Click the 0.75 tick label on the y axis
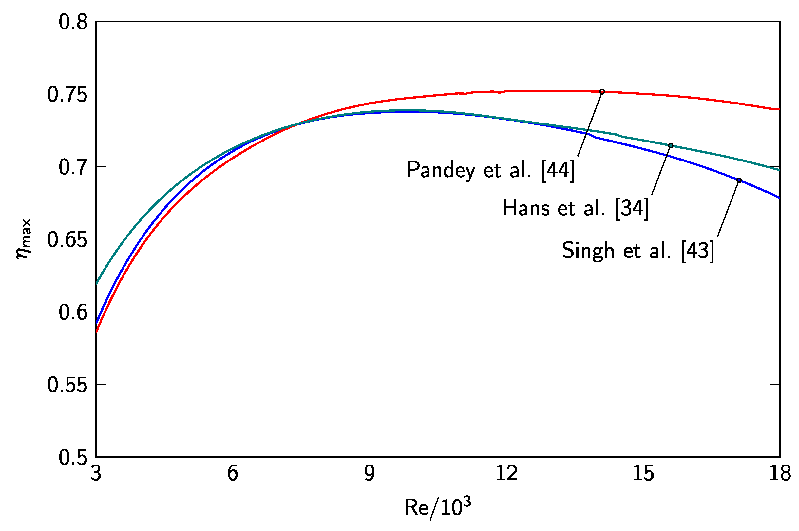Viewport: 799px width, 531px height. click(67, 95)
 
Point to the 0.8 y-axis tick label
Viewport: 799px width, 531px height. click(73, 23)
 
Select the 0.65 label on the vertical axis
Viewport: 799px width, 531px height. click(67, 240)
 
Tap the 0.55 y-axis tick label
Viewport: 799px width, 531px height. click(67, 385)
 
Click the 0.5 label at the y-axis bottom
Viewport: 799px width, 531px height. click(73, 458)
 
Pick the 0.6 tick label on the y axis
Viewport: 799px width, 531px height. click(73, 312)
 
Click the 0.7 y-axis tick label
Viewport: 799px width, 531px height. click(73, 167)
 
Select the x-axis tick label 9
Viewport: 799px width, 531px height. click(370, 473)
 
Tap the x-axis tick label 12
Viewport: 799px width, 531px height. click(506, 473)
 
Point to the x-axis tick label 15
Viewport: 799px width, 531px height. click(643, 473)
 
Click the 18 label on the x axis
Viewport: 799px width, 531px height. click(780, 473)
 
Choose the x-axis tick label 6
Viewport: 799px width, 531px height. click(233, 473)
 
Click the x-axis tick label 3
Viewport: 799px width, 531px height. click(96, 473)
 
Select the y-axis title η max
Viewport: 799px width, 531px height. click(24, 239)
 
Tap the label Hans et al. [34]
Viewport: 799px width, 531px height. click(575, 208)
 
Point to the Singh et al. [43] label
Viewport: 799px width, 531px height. click(638, 251)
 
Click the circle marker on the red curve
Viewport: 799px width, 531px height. click(602, 92)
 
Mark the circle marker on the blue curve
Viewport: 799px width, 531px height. click(739, 180)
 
